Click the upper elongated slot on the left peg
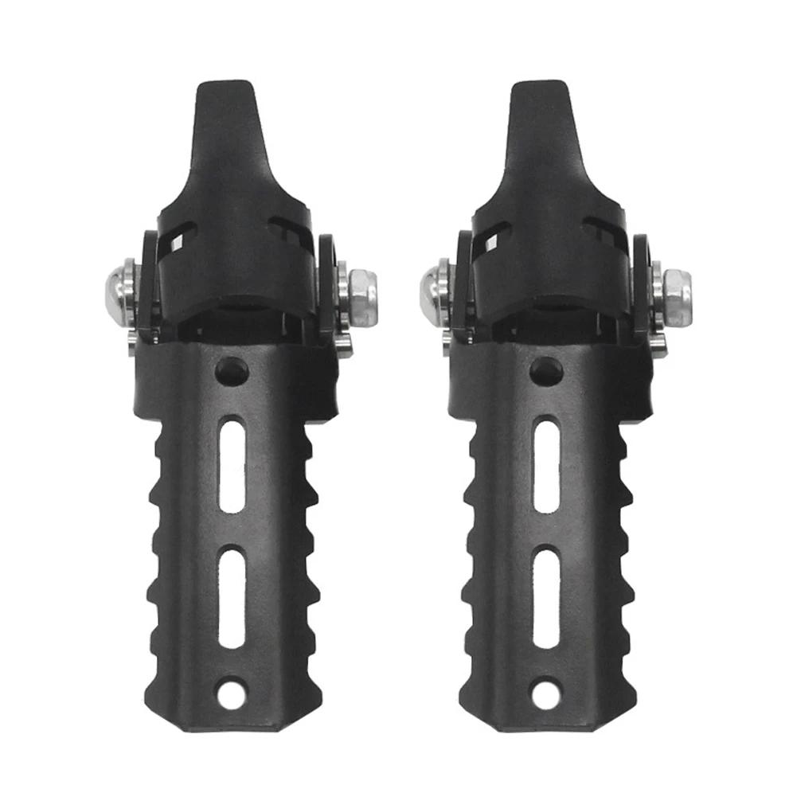tap(232, 466)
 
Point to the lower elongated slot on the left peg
tap(232, 597)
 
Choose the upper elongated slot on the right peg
tap(546, 466)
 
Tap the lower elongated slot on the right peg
tap(546, 597)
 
